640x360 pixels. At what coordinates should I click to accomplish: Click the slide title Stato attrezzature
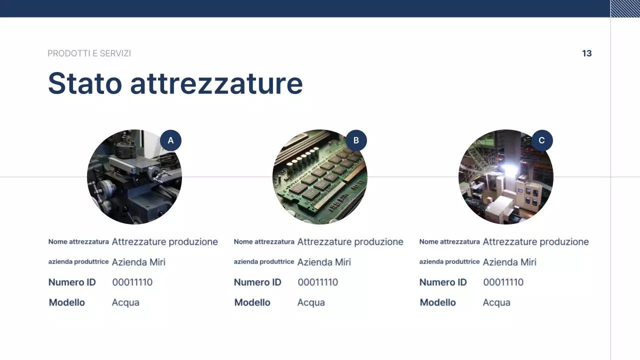tap(175, 83)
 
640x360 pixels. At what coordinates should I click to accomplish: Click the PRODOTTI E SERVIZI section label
tap(89, 53)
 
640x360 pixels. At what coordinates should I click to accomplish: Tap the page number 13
tap(586, 53)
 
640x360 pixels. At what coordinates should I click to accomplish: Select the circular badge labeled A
tap(170, 140)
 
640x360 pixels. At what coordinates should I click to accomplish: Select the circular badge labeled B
tap(356, 140)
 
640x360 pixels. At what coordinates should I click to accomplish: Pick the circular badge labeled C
tap(541, 140)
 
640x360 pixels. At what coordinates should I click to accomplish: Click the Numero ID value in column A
tap(132, 282)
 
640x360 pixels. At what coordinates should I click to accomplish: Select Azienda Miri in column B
tap(324, 262)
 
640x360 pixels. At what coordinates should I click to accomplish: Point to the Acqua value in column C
tap(496, 302)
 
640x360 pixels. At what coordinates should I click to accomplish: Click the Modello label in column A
tap(67, 302)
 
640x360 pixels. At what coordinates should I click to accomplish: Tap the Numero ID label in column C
tap(442, 282)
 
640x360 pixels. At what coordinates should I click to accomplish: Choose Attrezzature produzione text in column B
tap(350, 242)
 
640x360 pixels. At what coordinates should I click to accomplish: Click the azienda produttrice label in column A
tap(78, 262)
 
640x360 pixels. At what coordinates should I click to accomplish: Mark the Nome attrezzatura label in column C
tap(449, 242)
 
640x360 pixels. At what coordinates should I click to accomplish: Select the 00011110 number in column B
tap(317, 282)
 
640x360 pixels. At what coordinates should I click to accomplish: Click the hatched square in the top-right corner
tap(625, 8)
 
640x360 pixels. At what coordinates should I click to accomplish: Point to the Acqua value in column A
tap(125, 302)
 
